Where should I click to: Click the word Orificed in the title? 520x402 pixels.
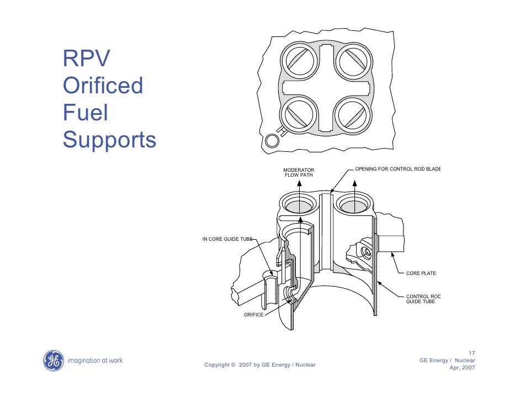tap(103, 86)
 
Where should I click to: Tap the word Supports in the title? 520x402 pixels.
tap(110, 141)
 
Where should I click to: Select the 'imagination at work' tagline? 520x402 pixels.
tap(94, 361)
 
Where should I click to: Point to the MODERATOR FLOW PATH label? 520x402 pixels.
tap(299, 172)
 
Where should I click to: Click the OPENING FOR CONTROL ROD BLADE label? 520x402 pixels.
tap(397, 168)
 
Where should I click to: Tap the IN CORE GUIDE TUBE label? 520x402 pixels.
tap(227, 239)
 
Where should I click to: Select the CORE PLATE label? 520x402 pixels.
tap(421, 273)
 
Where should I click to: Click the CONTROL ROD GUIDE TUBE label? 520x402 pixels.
tap(423, 299)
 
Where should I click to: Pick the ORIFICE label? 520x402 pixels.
tap(254, 314)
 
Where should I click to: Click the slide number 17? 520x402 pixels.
tap(471, 353)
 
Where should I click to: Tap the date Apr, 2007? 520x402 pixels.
tap(463, 368)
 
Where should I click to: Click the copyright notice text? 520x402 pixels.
tap(260, 364)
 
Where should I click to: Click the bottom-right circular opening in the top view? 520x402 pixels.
tap(353, 115)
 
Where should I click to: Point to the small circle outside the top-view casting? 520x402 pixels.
tap(272, 140)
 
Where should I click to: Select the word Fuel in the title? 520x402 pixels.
tap(86, 113)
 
